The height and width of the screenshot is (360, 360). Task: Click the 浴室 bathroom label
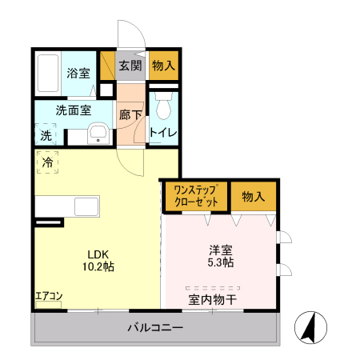78,74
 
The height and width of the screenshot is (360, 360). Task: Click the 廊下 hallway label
130,115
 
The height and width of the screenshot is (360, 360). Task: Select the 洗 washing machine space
46,136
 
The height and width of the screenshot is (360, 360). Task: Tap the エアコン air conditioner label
48,297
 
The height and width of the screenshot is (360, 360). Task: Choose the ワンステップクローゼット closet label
195,197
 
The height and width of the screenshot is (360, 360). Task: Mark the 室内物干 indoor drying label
212,300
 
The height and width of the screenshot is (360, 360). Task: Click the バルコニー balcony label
156,328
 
